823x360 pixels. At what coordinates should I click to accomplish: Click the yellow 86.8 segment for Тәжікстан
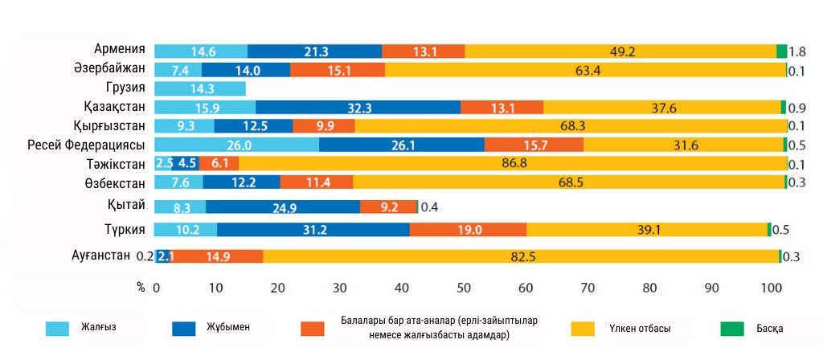512,163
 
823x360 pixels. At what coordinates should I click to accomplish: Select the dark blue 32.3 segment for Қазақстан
358,107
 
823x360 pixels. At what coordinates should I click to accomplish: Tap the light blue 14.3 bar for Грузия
199,88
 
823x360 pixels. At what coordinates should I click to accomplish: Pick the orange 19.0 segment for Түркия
468,230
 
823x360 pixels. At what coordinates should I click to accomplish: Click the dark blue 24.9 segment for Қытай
283,207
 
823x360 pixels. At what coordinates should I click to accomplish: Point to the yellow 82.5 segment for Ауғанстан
521,256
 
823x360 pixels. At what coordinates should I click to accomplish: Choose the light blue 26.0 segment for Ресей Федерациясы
236,145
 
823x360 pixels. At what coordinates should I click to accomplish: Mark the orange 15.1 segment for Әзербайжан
337,70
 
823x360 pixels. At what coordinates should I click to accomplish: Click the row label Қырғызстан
113,126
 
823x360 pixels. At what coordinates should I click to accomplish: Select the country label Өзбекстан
118,182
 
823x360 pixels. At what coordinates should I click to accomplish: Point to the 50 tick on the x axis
464,287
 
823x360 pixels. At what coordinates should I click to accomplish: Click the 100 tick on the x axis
771,287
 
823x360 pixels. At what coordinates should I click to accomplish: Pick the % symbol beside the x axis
141,287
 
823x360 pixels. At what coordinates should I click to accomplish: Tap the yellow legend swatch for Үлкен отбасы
583,328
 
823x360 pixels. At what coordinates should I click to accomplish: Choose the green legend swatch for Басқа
731,328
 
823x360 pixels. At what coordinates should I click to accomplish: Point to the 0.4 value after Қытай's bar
430,207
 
